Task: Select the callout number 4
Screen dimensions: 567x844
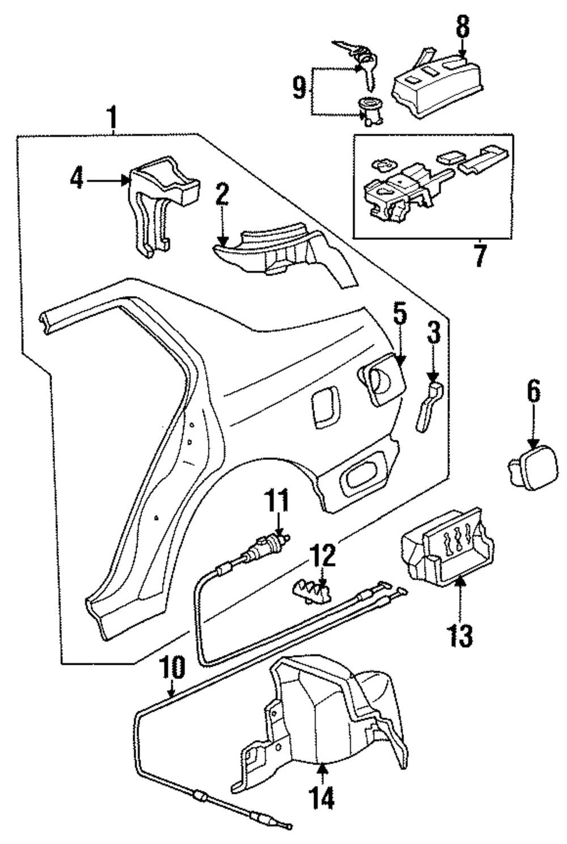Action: [77, 180]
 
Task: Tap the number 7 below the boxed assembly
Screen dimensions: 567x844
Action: [480, 256]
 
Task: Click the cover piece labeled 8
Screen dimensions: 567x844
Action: [437, 88]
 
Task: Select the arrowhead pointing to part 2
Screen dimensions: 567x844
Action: [223, 240]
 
